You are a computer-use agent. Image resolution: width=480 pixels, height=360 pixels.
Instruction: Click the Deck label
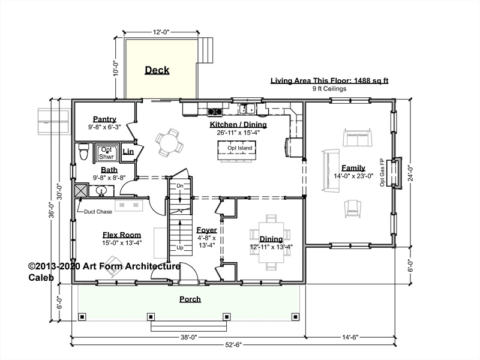[157, 70]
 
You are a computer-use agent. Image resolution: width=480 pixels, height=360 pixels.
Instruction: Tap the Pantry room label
[104, 119]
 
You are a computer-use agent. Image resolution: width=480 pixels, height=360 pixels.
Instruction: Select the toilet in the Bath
[83, 152]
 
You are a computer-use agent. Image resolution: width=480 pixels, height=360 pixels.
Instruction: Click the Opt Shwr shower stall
[106, 153]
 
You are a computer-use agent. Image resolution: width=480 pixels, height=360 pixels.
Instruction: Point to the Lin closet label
[128, 151]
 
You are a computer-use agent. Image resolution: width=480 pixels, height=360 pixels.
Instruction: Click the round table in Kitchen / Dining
[169, 142]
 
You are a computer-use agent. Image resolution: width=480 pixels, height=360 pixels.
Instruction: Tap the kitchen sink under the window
[248, 109]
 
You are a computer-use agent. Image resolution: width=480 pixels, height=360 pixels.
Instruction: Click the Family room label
[353, 168]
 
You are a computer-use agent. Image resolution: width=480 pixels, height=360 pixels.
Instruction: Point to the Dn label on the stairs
[180, 186]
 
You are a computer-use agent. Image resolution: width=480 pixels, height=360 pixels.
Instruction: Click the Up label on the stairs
[180, 247]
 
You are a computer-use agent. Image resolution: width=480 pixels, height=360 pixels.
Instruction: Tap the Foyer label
[206, 230]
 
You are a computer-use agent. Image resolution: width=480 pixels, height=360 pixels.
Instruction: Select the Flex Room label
[122, 235]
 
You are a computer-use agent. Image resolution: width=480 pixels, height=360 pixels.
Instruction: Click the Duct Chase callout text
[98, 212]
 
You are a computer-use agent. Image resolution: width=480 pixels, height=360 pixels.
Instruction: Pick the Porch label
[190, 299]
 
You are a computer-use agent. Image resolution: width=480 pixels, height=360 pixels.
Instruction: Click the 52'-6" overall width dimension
[233, 344]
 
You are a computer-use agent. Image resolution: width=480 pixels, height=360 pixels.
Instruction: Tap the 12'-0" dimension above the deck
[161, 32]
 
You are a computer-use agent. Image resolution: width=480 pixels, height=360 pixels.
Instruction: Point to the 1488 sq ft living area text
[371, 81]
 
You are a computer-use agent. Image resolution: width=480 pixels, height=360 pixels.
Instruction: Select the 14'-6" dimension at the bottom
[350, 337]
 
